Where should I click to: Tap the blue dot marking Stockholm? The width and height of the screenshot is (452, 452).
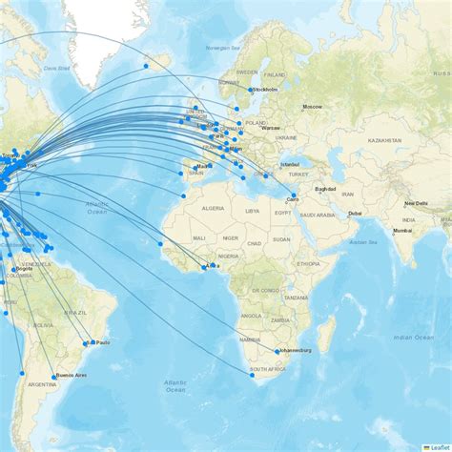click(x=251, y=90)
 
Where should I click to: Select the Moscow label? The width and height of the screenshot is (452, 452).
click(x=313, y=106)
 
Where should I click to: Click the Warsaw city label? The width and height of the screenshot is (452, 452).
click(x=271, y=127)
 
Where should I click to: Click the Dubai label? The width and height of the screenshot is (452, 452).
click(x=355, y=213)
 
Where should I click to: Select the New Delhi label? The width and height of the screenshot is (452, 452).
click(x=416, y=203)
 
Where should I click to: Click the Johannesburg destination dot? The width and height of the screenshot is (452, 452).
click(x=277, y=352)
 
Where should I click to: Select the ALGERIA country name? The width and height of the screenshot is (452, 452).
click(x=212, y=207)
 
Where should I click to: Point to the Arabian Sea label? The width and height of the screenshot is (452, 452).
click(x=363, y=242)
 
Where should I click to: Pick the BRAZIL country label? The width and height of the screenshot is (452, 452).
click(x=74, y=313)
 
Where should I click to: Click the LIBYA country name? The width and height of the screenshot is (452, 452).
click(x=252, y=211)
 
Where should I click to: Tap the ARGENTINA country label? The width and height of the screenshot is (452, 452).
click(x=42, y=384)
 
